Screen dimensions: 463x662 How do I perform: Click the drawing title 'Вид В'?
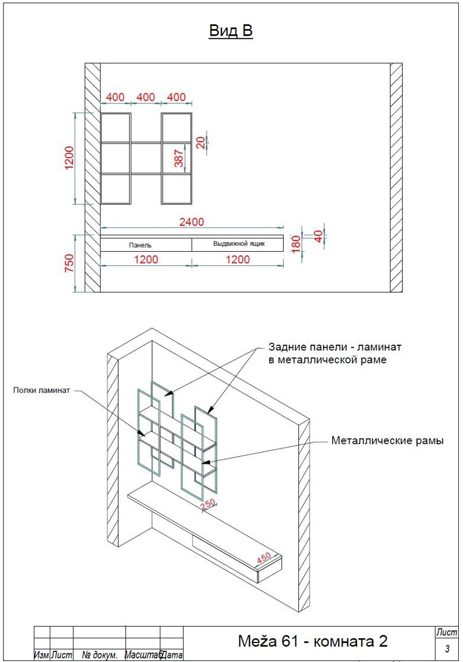tap(231, 31)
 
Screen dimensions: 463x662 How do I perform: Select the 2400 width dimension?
tap(192, 222)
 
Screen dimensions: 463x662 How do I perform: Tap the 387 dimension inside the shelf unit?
tap(179, 158)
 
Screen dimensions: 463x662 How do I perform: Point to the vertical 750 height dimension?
tap(69, 262)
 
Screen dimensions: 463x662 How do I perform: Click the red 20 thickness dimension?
tap(201, 142)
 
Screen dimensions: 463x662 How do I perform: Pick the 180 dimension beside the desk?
tap(296, 244)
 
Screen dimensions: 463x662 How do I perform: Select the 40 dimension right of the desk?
tap(319, 236)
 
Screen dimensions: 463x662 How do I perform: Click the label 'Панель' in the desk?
tap(140, 245)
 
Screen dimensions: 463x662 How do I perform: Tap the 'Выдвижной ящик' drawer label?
tap(239, 244)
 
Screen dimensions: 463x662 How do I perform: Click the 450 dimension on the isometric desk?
tap(263, 558)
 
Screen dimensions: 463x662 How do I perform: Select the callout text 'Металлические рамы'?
tap(387, 441)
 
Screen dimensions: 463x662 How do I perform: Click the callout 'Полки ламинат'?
tap(41, 390)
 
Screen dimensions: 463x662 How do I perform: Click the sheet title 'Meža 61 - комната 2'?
tap(313, 641)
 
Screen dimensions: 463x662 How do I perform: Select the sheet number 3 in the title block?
tap(447, 648)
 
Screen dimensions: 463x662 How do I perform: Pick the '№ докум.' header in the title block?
tap(99, 655)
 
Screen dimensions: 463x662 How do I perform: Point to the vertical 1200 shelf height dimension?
tap(69, 158)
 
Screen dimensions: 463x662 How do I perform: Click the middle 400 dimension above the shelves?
tap(146, 97)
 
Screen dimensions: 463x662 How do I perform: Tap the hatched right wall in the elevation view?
tap(396, 178)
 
